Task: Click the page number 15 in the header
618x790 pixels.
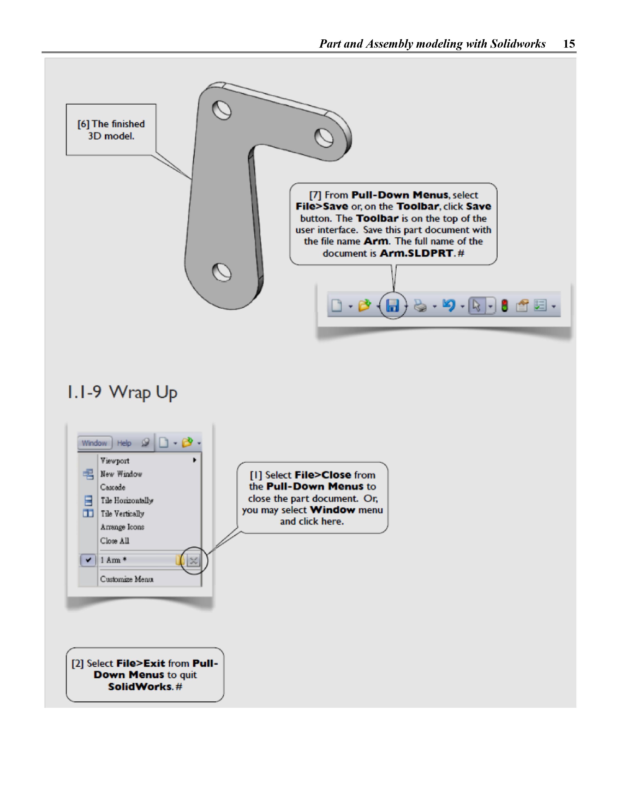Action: [x=569, y=44]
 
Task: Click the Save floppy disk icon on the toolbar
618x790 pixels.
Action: [x=392, y=306]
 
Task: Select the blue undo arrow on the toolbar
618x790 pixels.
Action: [x=449, y=306]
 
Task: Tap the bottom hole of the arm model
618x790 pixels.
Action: [x=222, y=272]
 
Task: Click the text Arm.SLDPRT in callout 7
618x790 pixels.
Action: [x=416, y=253]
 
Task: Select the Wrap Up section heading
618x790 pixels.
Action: [x=122, y=392]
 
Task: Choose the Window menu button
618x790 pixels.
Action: [x=94, y=443]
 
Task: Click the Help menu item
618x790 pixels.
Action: [x=124, y=443]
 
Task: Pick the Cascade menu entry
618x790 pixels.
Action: [x=113, y=487]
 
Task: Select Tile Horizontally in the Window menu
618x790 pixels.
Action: [x=127, y=501]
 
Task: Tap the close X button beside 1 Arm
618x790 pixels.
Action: [x=194, y=561]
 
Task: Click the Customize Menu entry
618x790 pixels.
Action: [x=127, y=579]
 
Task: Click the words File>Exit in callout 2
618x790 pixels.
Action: [x=140, y=663]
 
